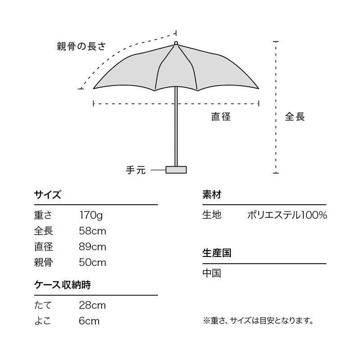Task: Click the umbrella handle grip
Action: (176, 170)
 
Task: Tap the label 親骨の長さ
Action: (81, 46)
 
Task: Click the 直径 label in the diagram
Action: (221, 117)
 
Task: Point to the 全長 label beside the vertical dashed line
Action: (295, 117)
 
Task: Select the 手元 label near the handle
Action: (136, 170)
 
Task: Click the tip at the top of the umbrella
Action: (176, 43)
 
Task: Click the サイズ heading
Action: (47, 195)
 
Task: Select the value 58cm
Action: (92, 231)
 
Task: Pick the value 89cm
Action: (92, 247)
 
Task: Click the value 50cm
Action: (92, 262)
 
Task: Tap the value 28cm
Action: (92, 306)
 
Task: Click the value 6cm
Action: (89, 321)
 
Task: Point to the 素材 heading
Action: (211, 195)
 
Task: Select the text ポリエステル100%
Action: (287, 215)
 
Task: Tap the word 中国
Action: (211, 273)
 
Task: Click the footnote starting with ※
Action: (258, 321)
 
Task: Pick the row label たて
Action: (43, 306)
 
